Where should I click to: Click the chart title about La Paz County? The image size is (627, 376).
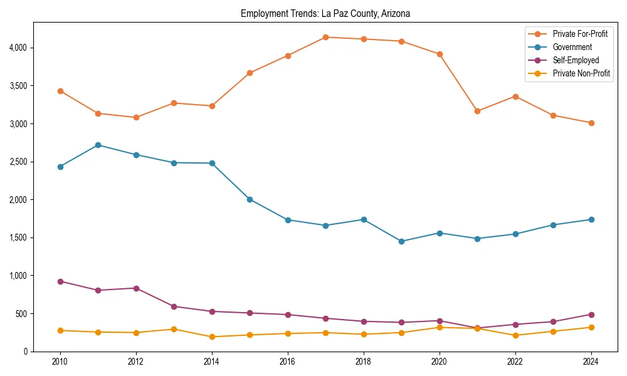(325, 13)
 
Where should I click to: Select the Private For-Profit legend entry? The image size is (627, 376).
(580, 34)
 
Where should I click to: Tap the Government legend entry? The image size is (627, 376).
(572, 47)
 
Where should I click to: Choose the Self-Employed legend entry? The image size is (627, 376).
(576, 60)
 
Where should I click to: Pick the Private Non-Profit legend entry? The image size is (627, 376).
(581, 73)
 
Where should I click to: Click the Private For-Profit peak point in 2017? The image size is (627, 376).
(325, 37)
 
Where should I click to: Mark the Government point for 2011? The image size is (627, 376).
(98, 145)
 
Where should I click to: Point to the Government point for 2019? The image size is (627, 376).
(401, 241)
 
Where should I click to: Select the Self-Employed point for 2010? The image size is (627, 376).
(60, 281)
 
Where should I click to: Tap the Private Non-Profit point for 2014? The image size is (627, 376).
(212, 337)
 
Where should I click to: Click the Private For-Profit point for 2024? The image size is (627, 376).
(591, 123)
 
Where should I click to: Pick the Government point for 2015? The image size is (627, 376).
(250, 199)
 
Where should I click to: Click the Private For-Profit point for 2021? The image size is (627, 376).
(477, 111)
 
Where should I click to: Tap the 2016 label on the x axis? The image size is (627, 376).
(288, 362)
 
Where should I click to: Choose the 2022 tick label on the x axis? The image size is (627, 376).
(515, 362)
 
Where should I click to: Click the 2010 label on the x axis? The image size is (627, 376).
(60, 362)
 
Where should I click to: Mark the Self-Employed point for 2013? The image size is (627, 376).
(174, 306)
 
